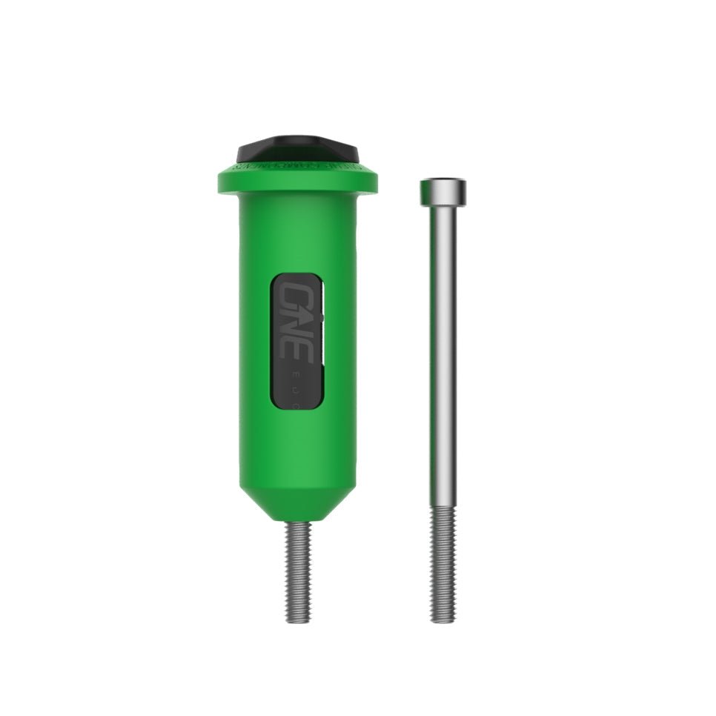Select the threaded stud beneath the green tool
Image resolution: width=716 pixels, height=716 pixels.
[296, 571]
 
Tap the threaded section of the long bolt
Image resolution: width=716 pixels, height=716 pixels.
[442, 563]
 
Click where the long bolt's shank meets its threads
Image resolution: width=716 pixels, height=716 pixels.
[442, 508]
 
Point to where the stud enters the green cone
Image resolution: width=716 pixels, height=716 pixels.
[296, 523]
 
